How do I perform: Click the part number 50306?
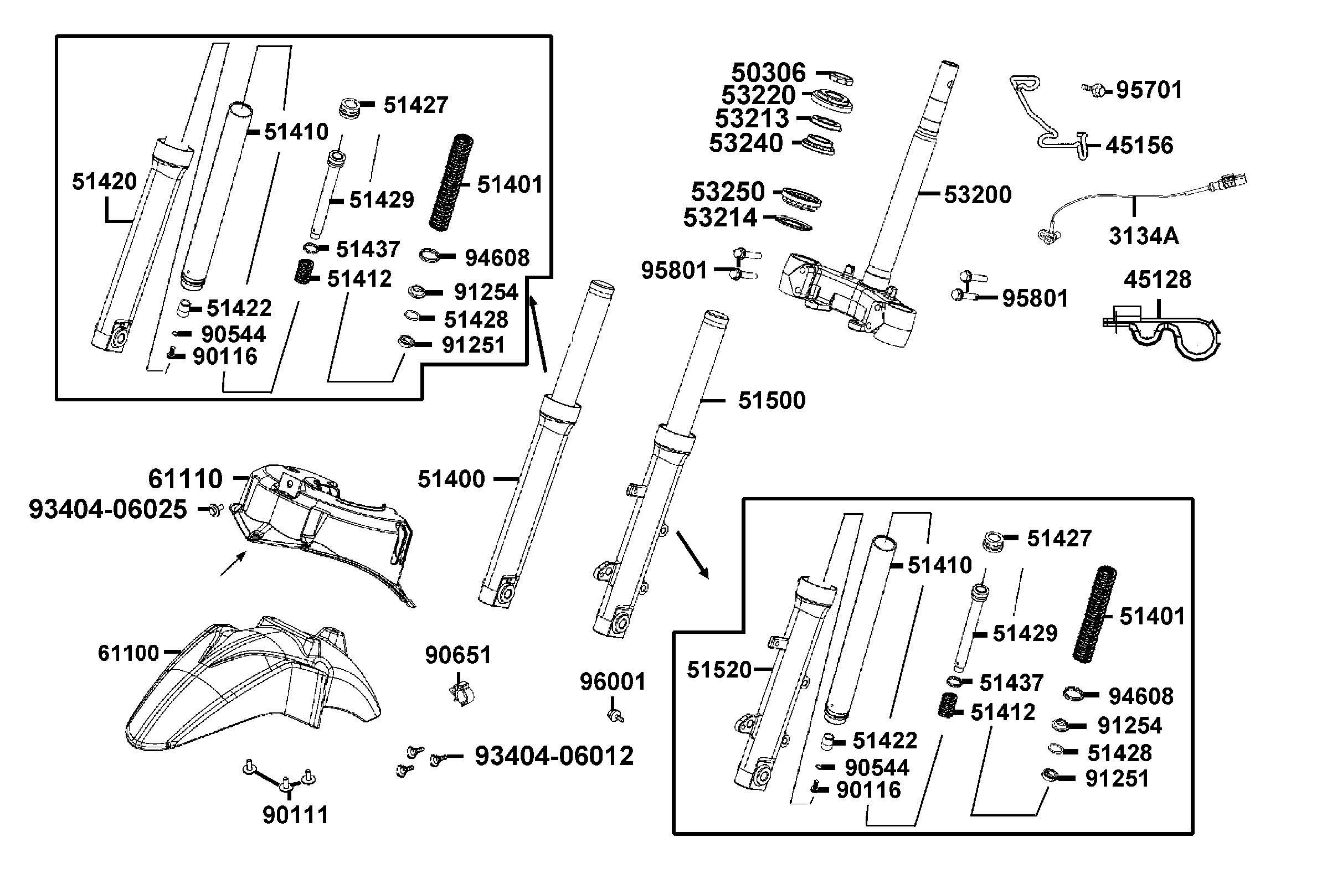pyautogui.click(x=768, y=73)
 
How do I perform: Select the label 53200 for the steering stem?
pyautogui.click(x=978, y=194)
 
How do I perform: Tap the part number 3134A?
pyautogui.click(x=1143, y=236)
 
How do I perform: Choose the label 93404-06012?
pyautogui.click(x=554, y=756)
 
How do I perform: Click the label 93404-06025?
pyautogui.click(x=107, y=509)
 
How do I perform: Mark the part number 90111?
pyautogui.click(x=295, y=815)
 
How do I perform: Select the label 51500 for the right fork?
pyautogui.click(x=771, y=400)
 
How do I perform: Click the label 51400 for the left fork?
pyautogui.click(x=451, y=479)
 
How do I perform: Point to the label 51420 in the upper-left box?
pyautogui.click(x=104, y=182)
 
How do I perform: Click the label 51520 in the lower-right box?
pyautogui.click(x=719, y=670)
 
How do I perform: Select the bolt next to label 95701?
pyautogui.click(x=1095, y=89)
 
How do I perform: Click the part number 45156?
pyautogui.click(x=1139, y=146)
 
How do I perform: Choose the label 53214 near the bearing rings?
pyautogui.click(x=719, y=218)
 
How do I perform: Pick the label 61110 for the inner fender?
pyautogui.click(x=185, y=479)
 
